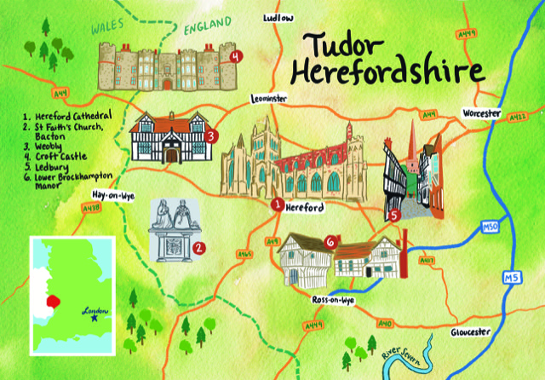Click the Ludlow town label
tap(278, 17)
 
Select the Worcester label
tap(483, 112)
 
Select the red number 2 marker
tap(198, 249)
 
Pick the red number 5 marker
tap(394, 216)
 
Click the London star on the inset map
tap(95, 320)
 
